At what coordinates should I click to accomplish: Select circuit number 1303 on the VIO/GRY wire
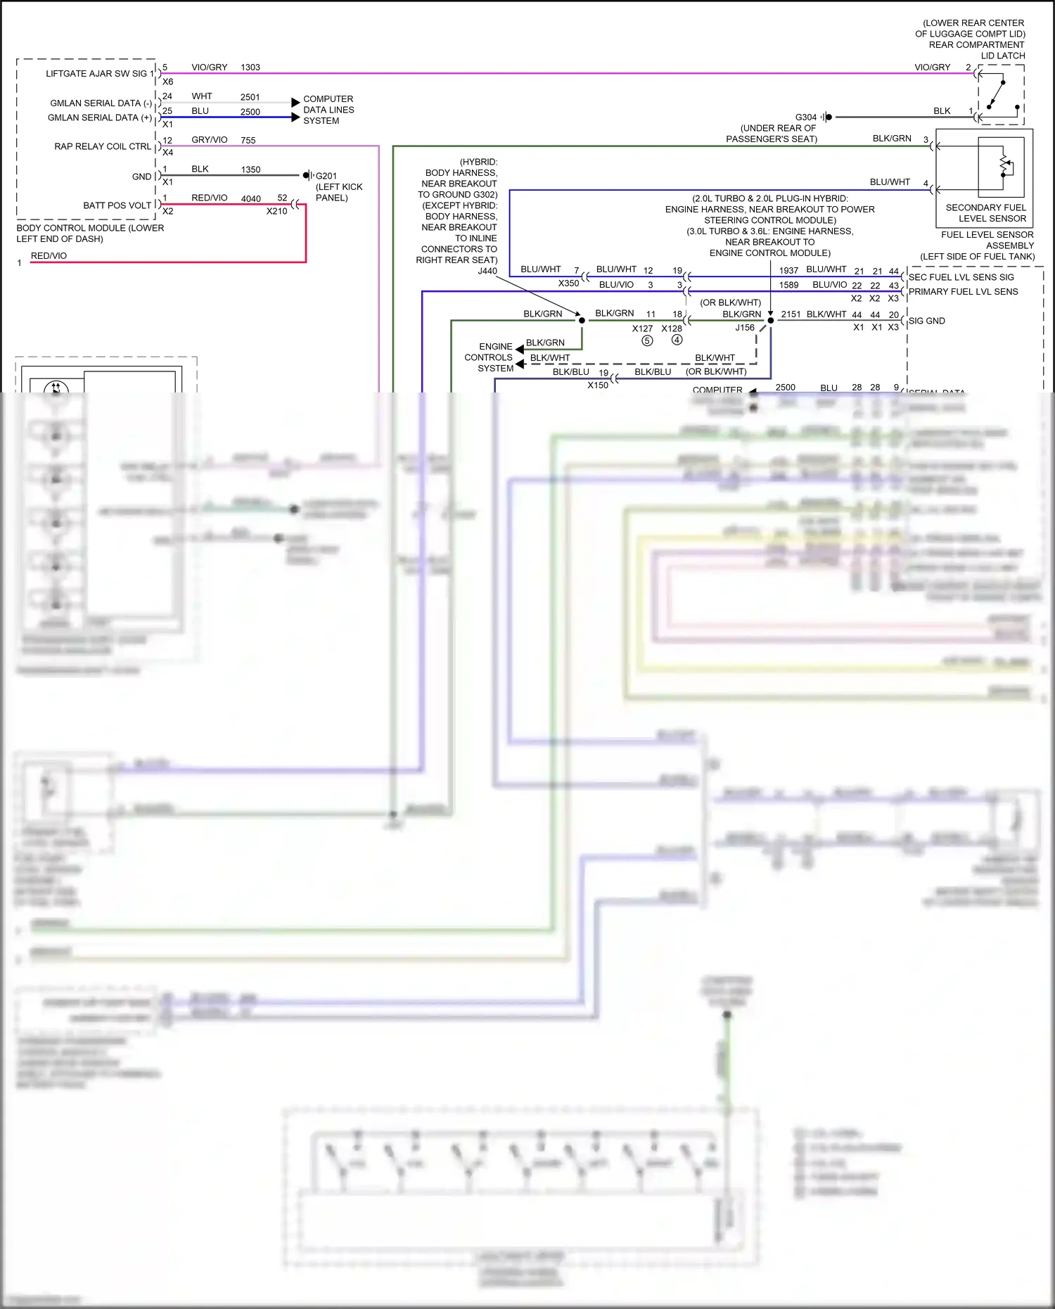click(x=250, y=68)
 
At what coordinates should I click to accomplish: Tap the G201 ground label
click(x=326, y=176)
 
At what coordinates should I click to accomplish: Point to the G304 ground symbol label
click(x=806, y=117)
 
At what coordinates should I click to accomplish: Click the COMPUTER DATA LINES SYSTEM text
click(x=328, y=110)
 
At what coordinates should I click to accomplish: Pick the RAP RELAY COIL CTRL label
click(x=103, y=146)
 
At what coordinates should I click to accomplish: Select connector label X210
click(x=277, y=211)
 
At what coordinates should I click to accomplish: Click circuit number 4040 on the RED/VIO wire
click(x=251, y=199)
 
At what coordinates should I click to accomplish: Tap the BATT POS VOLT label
click(x=117, y=205)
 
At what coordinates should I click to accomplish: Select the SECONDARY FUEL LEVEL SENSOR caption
click(x=985, y=213)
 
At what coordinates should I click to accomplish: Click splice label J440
click(x=487, y=271)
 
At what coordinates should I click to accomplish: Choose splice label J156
click(x=745, y=328)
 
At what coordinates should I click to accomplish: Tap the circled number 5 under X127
click(x=647, y=340)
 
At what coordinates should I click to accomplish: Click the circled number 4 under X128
click(x=677, y=340)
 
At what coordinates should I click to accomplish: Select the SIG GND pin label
click(x=926, y=321)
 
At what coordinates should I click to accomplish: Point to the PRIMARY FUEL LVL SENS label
click(x=963, y=292)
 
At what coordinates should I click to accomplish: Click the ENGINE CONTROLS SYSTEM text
click(x=489, y=357)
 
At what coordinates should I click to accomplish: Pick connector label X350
click(x=568, y=283)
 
